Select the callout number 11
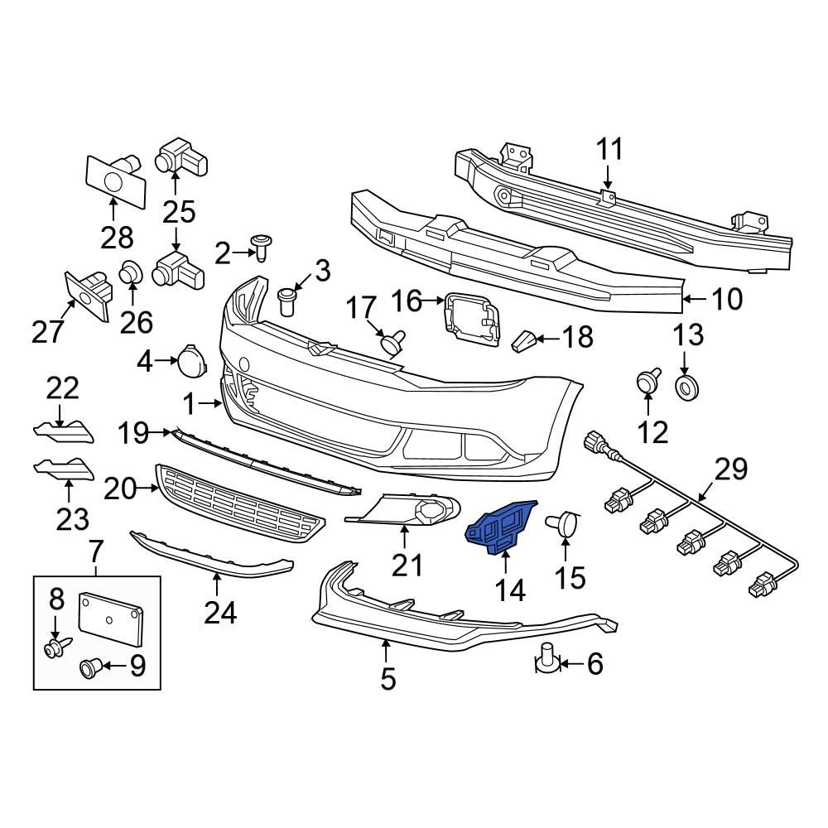(609, 150)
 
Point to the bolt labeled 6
(546, 656)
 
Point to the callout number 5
(388, 679)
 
